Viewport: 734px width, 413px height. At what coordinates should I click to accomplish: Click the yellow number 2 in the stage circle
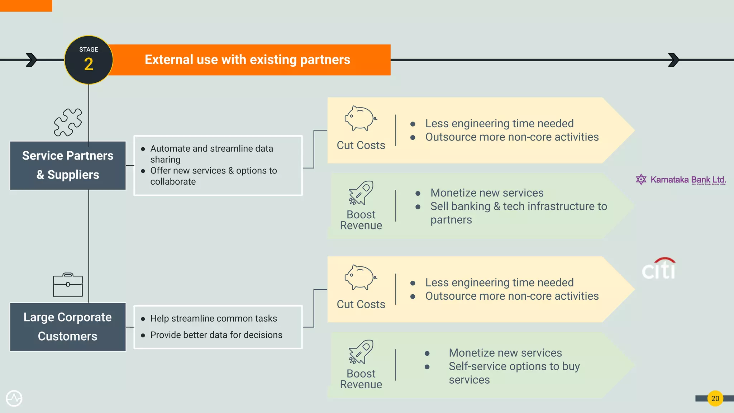point(89,65)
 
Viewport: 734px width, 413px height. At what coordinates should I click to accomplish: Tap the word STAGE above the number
point(89,49)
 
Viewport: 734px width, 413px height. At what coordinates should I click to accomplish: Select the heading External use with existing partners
point(247,60)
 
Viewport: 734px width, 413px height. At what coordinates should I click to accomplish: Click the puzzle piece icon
point(68,122)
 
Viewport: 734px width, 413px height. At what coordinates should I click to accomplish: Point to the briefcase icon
point(68,285)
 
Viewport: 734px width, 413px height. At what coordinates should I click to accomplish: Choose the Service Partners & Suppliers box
point(68,165)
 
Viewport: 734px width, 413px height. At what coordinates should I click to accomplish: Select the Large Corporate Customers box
point(68,327)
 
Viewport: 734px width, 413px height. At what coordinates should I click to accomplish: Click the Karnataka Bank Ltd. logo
point(681,180)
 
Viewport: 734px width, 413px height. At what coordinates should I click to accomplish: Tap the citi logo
point(659,269)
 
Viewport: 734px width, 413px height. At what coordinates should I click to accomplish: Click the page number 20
point(715,398)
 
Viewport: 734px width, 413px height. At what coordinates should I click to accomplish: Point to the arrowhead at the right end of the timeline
point(673,60)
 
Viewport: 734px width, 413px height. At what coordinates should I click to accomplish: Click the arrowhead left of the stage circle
point(32,60)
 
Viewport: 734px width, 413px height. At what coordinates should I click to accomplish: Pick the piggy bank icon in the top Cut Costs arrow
point(361,118)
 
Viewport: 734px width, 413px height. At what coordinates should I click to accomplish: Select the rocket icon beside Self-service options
point(361,352)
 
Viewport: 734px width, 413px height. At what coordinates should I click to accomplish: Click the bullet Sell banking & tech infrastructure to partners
point(518,213)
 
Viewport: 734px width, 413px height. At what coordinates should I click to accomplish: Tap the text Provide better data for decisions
point(216,335)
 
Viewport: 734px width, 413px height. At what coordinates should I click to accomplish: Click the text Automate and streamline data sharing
point(211,154)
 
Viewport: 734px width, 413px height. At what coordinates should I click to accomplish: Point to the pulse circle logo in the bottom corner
point(14,398)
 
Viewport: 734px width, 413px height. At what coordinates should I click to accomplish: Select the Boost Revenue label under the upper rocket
point(361,220)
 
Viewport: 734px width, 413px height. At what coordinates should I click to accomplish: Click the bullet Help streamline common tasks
point(213,318)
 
